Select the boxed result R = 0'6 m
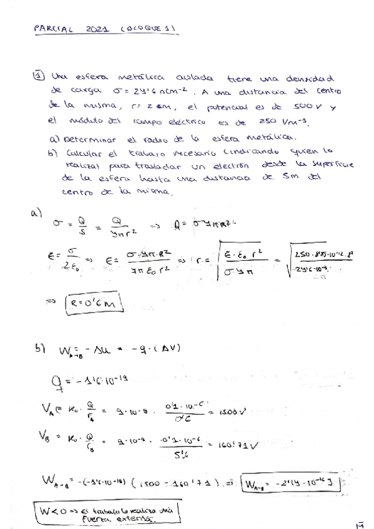(x=94, y=304)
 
